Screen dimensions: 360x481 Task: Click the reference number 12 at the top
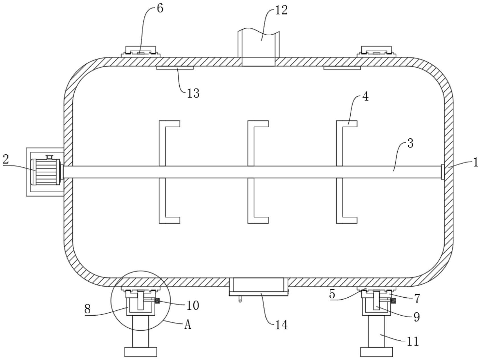(281, 11)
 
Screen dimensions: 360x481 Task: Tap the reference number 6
(160, 9)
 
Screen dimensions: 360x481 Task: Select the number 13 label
(193, 93)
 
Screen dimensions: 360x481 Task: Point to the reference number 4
(365, 97)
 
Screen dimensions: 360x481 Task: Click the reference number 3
(410, 144)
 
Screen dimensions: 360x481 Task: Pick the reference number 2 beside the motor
(6, 159)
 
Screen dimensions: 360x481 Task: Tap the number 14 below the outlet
(281, 324)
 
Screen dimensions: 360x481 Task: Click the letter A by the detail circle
(187, 324)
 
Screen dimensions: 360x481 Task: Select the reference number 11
(413, 341)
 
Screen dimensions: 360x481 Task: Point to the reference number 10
(193, 306)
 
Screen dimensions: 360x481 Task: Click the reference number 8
(88, 309)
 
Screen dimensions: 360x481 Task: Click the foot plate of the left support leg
(141, 352)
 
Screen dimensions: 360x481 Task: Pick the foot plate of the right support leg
(376, 352)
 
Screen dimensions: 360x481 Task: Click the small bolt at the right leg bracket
(394, 300)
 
